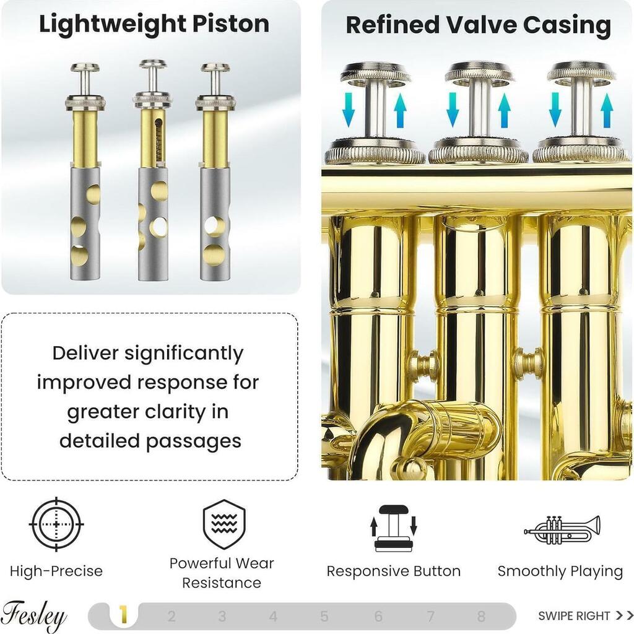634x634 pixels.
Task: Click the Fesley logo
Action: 33,616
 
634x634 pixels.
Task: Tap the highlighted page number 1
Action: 123,615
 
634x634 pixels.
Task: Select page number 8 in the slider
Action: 480,616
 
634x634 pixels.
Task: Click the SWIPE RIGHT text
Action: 574,616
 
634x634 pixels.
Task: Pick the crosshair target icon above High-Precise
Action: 56,524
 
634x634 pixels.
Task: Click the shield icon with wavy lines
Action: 224,524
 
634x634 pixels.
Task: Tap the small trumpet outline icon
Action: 562,530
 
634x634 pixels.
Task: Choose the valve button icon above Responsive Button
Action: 393,529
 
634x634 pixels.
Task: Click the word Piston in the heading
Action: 230,24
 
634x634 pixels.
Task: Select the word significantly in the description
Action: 183,354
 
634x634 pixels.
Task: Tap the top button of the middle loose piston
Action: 153,64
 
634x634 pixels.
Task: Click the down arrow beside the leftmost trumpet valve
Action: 348,110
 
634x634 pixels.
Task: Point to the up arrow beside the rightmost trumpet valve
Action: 607,110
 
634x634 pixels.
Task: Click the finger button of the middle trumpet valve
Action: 479,73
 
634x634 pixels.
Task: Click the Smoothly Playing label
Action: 560,571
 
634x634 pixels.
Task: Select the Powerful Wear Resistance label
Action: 222,573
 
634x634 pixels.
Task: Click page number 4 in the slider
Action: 273,616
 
